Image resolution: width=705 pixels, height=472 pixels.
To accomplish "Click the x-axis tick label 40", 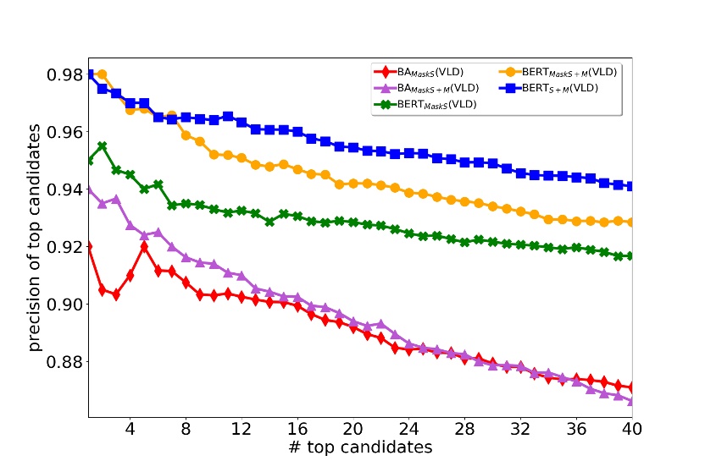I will (631, 428).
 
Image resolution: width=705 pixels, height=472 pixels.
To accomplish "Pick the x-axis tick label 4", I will (130, 428).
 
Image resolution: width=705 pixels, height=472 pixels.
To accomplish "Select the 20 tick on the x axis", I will (352, 428).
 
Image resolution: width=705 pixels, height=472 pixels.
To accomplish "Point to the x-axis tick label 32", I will (520, 428).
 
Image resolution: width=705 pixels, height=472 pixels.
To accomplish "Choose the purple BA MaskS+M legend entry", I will (425, 88).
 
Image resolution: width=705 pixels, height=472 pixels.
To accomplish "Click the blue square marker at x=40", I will (631, 186).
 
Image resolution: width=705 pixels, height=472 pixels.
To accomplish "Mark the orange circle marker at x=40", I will (631, 222).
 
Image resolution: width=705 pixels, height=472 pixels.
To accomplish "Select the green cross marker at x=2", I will (102, 146).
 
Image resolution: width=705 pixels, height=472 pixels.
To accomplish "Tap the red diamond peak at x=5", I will (144, 247).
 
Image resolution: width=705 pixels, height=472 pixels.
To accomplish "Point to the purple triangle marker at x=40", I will (631, 401).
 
